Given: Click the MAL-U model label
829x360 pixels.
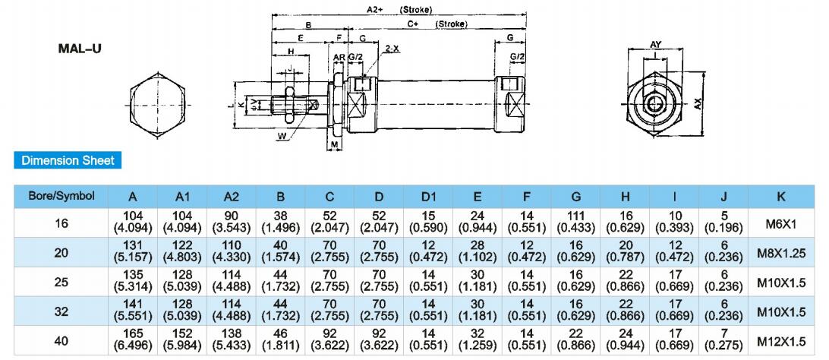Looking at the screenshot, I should tap(80, 48).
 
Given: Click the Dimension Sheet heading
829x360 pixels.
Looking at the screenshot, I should tap(68, 160).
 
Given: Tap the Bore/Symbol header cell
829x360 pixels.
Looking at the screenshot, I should tap(61, 196).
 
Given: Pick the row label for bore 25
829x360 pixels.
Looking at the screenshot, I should tap(61, 282).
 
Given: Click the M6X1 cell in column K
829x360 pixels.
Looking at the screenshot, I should tap(780, 223).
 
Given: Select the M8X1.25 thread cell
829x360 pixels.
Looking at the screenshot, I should tap(780, 253).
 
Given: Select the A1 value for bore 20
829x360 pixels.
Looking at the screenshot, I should tap(182, 252).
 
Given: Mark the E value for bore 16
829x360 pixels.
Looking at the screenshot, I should tap(477, 222).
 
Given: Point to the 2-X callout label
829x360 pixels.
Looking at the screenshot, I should tap(392, 48).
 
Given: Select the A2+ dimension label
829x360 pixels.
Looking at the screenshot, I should tap(374, 10).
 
